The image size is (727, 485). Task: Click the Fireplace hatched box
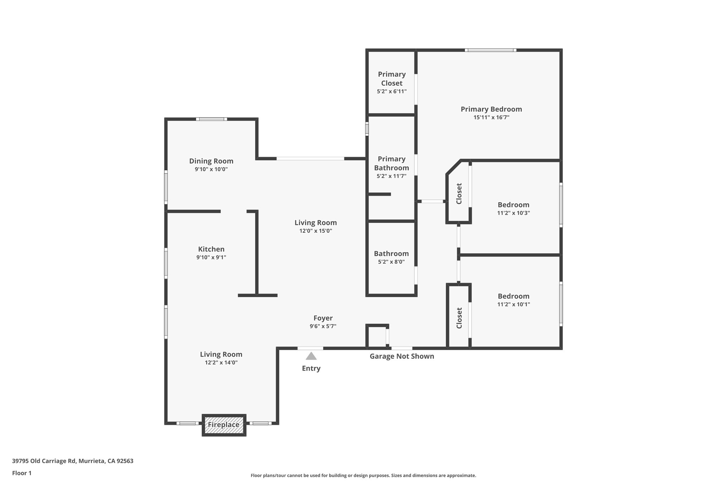coord(224,425)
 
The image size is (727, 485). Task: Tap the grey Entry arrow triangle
coord(311,356)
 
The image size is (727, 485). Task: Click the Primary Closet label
coord(392,79)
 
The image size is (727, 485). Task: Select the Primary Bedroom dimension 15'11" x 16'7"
coord(491,117)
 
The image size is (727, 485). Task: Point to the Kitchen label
coord(211,249)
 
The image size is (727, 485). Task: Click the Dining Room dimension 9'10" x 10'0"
coord(211,169)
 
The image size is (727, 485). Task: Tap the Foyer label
coord(323,318)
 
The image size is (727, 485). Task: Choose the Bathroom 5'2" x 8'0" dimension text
coord(391,262)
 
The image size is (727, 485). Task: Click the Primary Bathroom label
coord(392,163)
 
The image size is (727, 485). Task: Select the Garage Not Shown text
coord(402,356)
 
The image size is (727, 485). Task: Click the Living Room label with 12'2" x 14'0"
coord(221,354)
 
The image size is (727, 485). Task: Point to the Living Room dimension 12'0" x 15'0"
coord(316,231)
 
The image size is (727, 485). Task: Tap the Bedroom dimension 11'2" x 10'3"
coord(513,213)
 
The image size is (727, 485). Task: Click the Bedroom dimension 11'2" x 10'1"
coord(513,305)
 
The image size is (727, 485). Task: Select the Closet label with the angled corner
coord(459,194)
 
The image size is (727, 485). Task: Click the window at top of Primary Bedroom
coord(490,50)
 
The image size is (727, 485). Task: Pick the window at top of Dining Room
coord(211,119)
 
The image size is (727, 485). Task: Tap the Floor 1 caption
coord(22,473)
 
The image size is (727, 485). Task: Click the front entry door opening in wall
coord(310,348)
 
